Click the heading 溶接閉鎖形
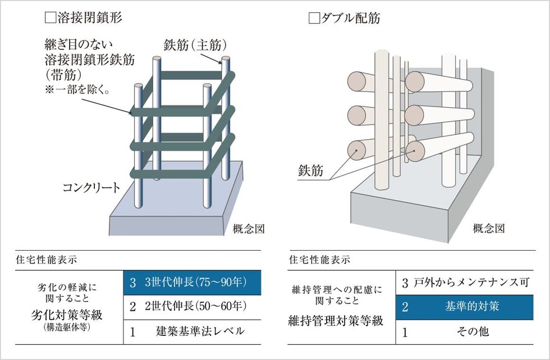coord(90,17)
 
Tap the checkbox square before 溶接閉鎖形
coord(49,17)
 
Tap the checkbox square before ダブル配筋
coord(314,17)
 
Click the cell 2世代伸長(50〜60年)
coord(185,306)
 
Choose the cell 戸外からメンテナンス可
coord(465,283)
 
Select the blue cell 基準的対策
coord(465,307)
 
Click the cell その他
coord(465,331)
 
